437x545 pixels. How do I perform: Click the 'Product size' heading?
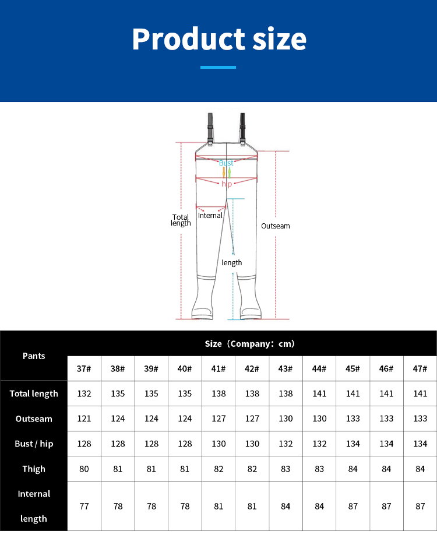pyautogui.click(x=218, y=38)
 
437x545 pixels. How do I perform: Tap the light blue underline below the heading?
pyautogui.click(x=218, y=68)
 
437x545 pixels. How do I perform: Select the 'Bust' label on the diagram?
pyautogui.click(x=226, y=163)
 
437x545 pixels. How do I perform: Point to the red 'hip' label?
pyautogui.click(x=227, y=184)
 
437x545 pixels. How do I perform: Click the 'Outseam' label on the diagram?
pyautogui.click(x=275, y=226)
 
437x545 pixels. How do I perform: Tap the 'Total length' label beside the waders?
pyautogui.click(x=181, y=220)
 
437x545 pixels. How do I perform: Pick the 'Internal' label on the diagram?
pyautogui.click(x=210, y=216)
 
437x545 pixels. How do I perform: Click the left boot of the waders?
pyautogui.click(x=202, y=300)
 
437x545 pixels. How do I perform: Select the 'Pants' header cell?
pyautogui.click(x=34, y=356)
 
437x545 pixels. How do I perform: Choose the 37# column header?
pyautogui.click(x=84, y=369)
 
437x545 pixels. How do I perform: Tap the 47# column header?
pyautogui.click(x=420, y=369)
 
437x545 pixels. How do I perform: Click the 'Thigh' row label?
pyautogui.click(x=34, y=469)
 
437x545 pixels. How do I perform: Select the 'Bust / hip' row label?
pyautogui.click(x=34, y=444)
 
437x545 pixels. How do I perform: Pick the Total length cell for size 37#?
pyautogui.click(x=84, y=393)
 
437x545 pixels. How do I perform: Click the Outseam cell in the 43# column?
pyautogui.click(x=286, y=419)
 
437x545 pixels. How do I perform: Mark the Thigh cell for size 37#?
pyautogui.click(x=84, y=469)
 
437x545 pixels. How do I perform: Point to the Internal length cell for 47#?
pyautogui.click(x=420, y=506)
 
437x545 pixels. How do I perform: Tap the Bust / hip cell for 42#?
pyautogui.click(x=252, y=444)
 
